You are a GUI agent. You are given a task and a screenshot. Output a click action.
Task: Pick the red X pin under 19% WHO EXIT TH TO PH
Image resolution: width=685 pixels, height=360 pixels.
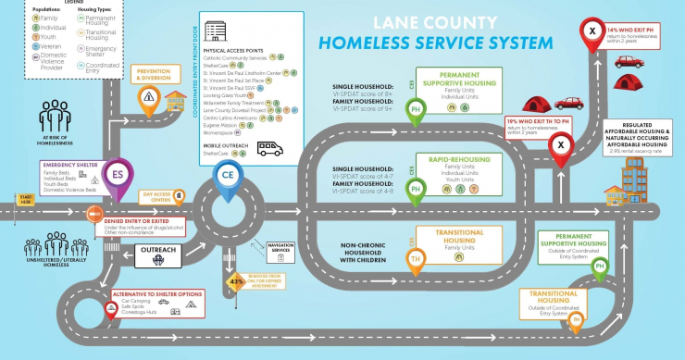click(560, 146)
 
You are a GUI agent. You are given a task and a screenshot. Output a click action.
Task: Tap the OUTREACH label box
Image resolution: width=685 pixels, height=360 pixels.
click(156, 250)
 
